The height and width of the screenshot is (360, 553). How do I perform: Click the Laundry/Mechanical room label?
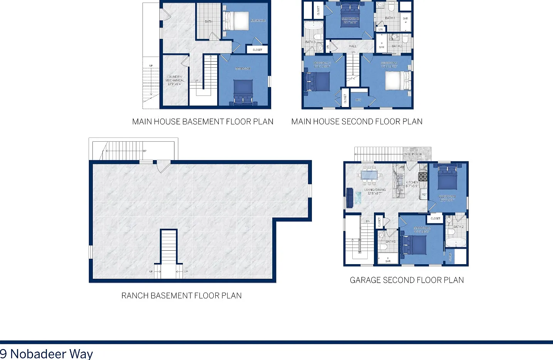175,80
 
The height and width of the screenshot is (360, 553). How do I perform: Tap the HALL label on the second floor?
353,46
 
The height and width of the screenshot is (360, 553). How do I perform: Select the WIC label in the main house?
358,100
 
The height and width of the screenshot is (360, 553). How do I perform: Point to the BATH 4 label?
390,18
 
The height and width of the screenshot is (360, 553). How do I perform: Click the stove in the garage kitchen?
423,177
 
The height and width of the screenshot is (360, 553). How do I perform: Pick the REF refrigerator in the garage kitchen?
424,194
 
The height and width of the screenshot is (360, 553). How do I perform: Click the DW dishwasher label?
401,190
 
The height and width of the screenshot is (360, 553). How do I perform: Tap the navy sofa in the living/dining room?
350,198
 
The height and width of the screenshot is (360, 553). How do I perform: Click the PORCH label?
417,154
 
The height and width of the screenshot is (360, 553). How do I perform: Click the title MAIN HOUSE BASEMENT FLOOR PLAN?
203,122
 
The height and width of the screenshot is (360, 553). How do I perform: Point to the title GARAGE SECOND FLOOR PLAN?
407,280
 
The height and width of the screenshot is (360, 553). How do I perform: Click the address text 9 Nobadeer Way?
47,353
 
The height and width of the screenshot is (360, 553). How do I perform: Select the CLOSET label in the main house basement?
257,50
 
